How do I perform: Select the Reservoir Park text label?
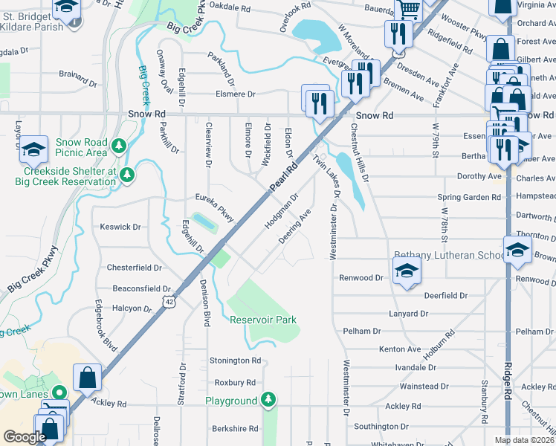tap(263, 320)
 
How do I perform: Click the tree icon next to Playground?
tap(268, 401)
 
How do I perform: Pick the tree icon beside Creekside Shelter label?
tap(127, 175)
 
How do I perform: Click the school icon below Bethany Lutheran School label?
tap(407, 273)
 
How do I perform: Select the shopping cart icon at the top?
tap(408, 9)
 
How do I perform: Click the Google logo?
tap(25, 437)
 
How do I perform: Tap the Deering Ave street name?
tap(294, 227)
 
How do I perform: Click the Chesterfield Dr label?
tap(135, 268)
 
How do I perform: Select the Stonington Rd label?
tap(235, 361)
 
